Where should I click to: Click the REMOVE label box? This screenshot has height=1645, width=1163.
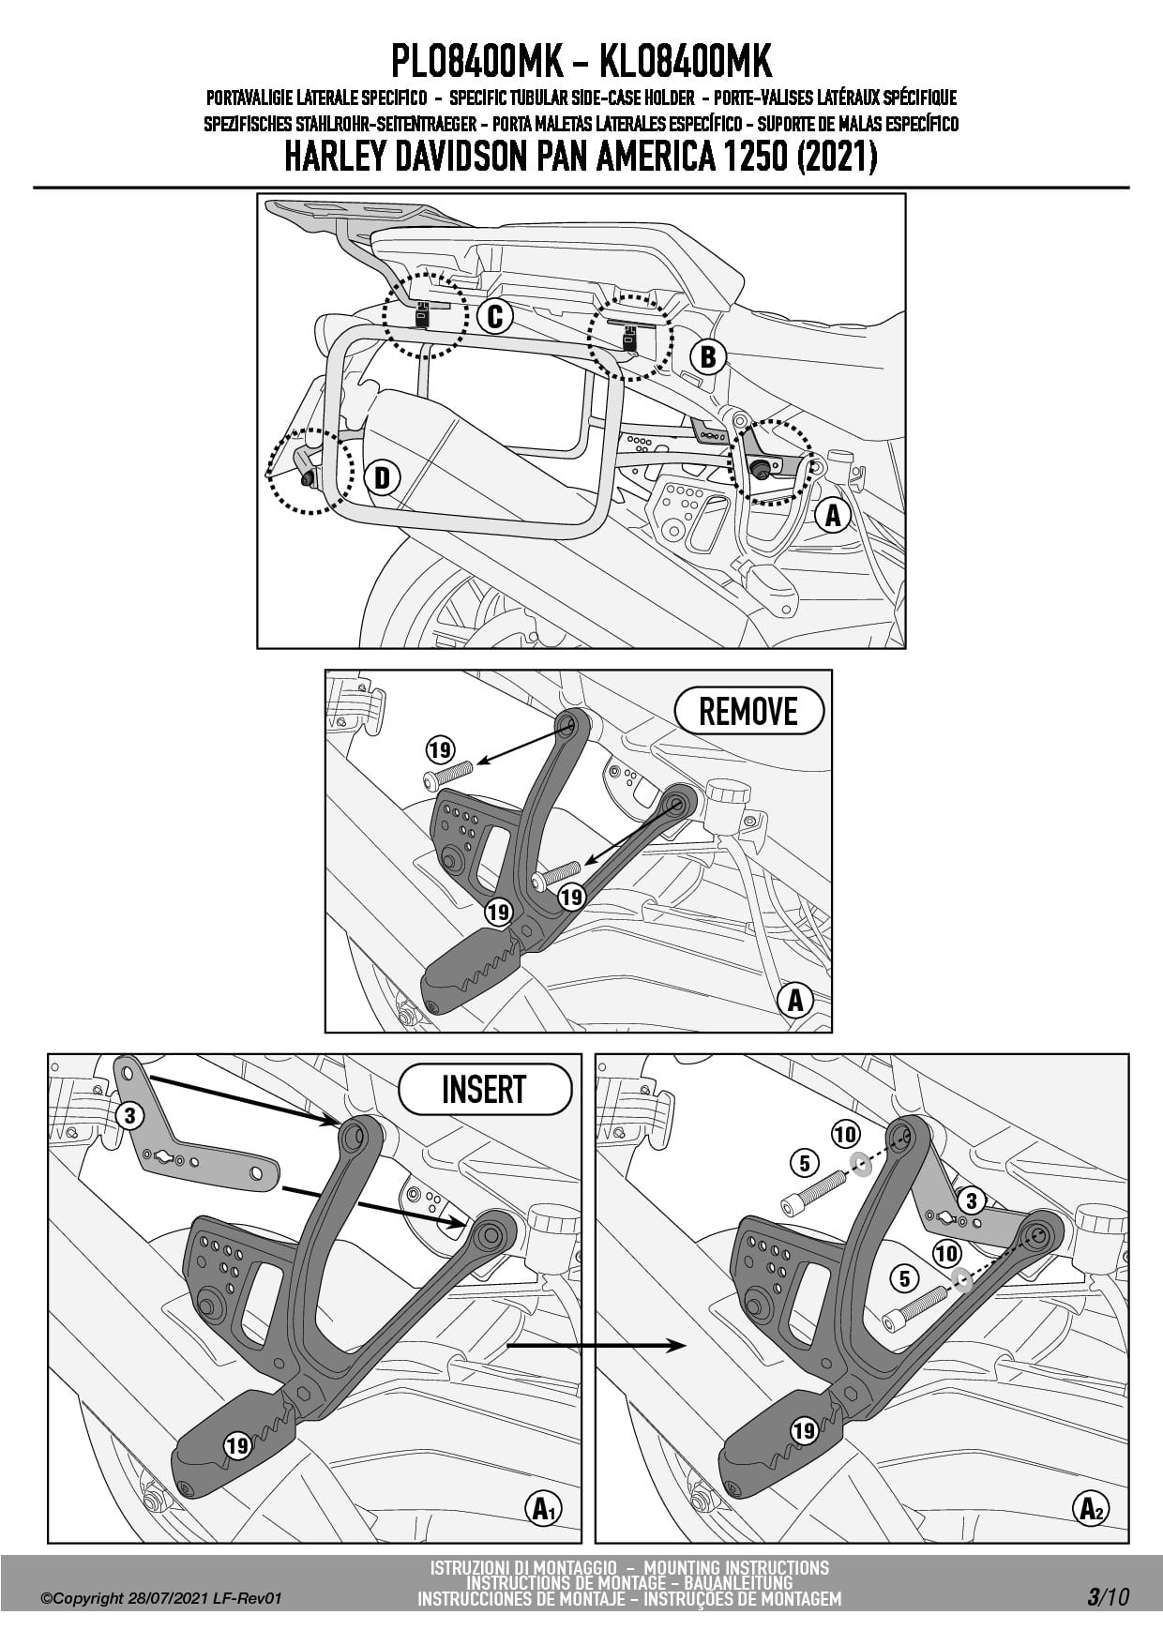click(x=748, y=711)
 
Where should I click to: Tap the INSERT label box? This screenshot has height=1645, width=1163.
click(x=484, y=1089)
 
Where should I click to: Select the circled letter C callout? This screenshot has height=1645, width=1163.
click(x=494, y=316)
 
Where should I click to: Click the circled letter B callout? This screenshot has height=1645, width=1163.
click(x=708, y=356)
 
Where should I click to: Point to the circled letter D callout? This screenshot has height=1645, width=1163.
click(x=382, y=477)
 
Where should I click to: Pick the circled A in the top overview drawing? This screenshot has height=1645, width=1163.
click(x=833, y=514)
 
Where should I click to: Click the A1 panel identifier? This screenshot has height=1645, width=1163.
click(x=545, y=1508)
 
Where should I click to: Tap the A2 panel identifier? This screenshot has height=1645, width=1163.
click(x=1093, y=1508)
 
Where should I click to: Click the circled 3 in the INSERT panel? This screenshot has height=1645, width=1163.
click(x=129, y=1115)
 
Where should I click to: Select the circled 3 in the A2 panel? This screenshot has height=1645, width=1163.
click(x=971, y=1200)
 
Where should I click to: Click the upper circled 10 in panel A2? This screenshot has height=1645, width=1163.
click(x=845, y=1134)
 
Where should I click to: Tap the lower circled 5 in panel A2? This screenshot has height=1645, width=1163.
click(x=903, y=1277)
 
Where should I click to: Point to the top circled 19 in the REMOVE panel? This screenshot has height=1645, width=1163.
click(x=440, y=749)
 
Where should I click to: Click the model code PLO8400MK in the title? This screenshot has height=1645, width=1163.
click(x=476, y=62)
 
